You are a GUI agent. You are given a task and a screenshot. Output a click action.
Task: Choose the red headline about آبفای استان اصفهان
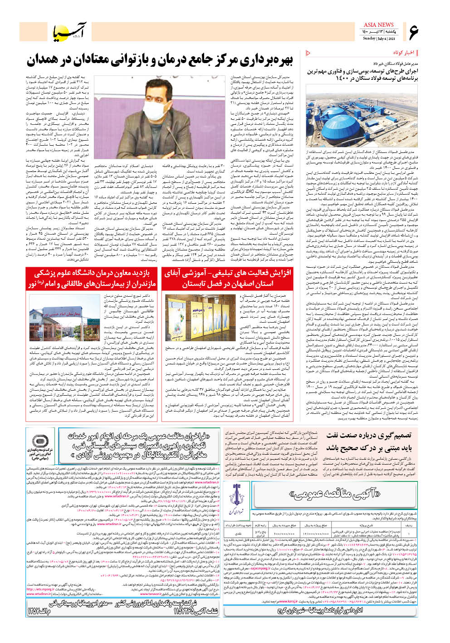pyautogui.click(x=228, y=278)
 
